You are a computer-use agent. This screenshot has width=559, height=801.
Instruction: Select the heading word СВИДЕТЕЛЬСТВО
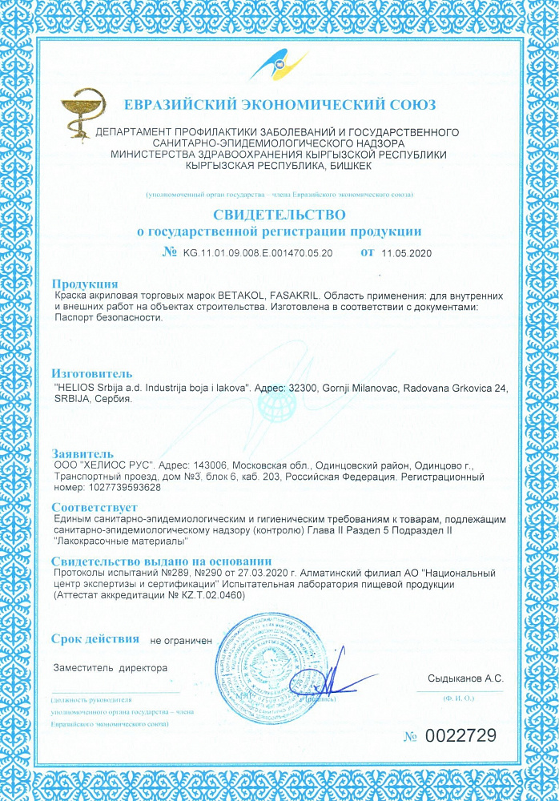click(279, 215)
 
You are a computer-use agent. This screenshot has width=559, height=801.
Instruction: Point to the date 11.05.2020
click(407, 252)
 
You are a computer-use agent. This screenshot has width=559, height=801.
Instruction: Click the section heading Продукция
click(85, 284)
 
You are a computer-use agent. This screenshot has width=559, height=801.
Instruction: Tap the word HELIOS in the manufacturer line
click(76, 388)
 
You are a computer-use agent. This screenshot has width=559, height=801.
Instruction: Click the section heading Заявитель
click(88, 453)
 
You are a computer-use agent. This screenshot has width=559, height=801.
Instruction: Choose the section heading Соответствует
click(95, 508)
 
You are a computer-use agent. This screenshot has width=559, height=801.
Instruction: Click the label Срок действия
click(95, 638)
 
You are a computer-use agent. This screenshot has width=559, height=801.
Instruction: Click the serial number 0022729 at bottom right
click(460, 735)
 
